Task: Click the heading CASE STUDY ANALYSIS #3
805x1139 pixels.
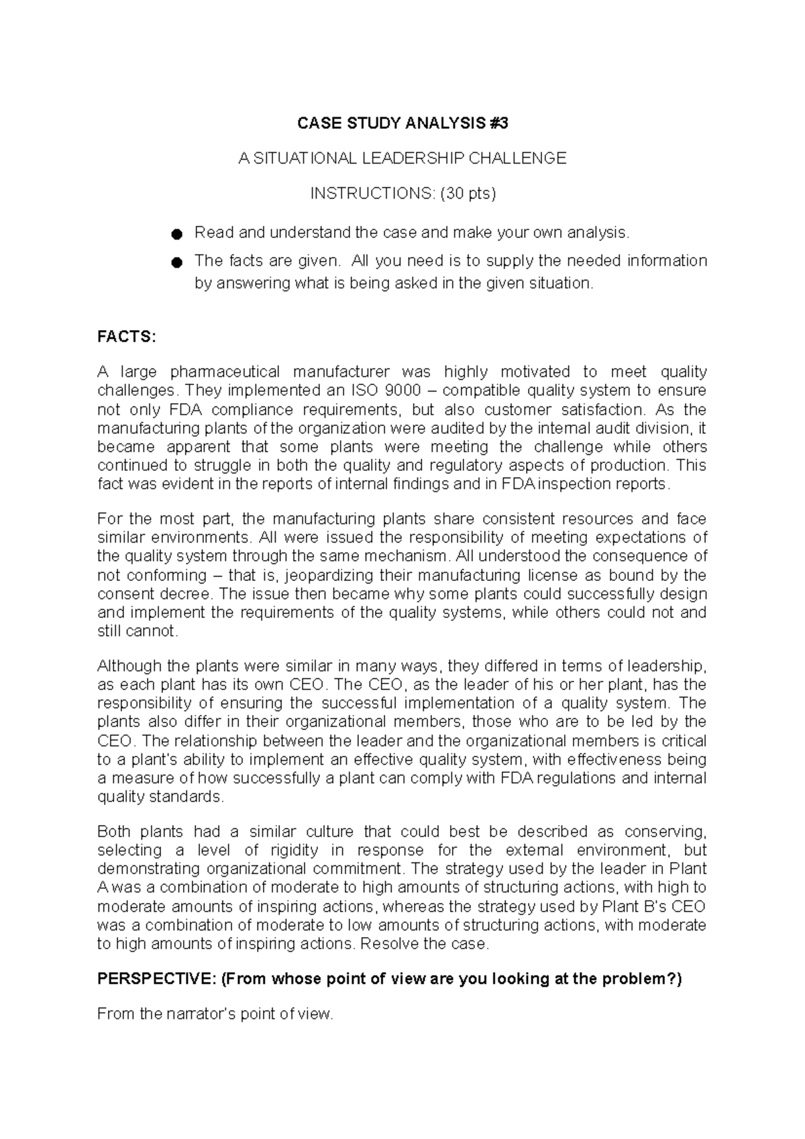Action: (x=402, y=123)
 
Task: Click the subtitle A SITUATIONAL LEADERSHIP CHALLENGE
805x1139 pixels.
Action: (x=402, y=158)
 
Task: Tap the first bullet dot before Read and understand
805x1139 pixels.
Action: (x=176, y=234)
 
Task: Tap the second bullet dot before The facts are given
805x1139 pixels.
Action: (x=176, y=262)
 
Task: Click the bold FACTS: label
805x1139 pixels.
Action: (x=126, y=337)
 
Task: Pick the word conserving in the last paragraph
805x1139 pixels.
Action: (x=665, y=832)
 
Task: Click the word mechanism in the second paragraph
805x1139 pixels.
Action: (x=415, y=556)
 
